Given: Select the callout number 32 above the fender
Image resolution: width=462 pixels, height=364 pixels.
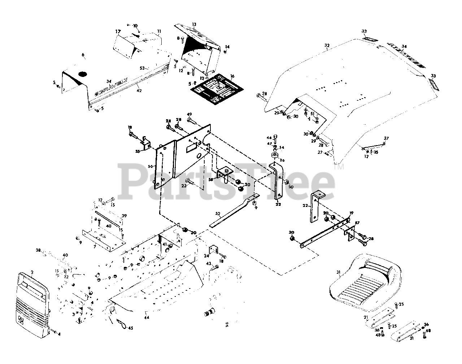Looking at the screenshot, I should [327, 45].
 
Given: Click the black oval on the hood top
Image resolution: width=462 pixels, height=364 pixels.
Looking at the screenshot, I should [83, 74].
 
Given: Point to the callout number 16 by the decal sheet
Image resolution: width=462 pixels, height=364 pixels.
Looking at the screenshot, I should [232, 76].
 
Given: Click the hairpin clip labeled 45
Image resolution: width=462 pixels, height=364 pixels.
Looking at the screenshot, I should [122, 324].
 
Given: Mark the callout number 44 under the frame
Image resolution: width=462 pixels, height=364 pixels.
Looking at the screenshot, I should [147, 318].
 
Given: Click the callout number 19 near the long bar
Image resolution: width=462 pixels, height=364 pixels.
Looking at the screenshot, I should [351, 213].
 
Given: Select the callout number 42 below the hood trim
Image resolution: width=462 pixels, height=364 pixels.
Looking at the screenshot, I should [139, 91].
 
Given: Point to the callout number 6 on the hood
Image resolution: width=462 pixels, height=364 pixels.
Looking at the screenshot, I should [83, 55].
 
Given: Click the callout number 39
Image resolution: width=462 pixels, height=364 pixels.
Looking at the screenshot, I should [124, 216].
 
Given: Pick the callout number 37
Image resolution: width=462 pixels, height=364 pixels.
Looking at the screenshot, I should [386, 138].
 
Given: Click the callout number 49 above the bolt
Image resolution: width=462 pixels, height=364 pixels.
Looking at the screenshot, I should [189, 115].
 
